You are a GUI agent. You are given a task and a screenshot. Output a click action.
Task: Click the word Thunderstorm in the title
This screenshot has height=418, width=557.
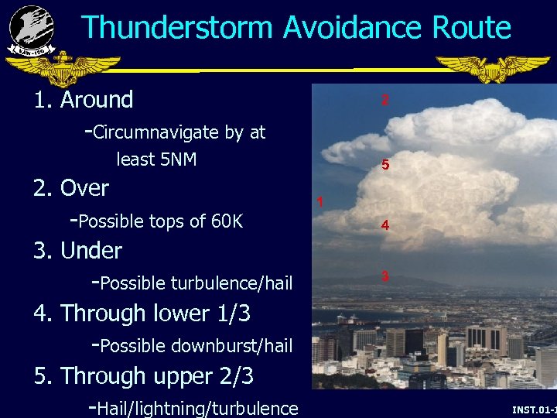pyautogui.click(x=177, y=28)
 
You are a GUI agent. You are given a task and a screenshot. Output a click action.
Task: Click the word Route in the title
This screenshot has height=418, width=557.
pyautogui.click(x=471, y=28)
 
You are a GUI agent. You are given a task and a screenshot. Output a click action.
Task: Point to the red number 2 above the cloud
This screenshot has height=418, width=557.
pyautogui.click(x=384, y=100)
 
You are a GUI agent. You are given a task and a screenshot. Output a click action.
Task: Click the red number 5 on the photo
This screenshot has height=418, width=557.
pyautogui.click(x=384, y=166)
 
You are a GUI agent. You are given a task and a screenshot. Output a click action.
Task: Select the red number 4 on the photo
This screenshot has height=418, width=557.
pyautogui.click(x=384, y=226)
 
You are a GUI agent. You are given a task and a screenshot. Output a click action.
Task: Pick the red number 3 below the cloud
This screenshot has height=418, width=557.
pyautogui.click(x=384, y=276)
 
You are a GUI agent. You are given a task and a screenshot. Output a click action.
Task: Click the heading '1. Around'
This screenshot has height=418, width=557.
pyautogui.click(x=83, y=100)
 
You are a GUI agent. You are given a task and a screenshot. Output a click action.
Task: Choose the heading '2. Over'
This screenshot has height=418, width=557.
pyautogui.click(x=71, y=188)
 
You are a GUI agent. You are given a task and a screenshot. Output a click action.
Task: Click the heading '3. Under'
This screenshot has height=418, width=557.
pyautogui.click(x=77, y=251)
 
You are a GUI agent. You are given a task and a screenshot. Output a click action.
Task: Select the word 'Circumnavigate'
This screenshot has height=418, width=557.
pyautogui.click(x=155, y=132)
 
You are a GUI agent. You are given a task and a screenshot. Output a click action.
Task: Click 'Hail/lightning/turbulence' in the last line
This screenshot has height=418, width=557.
pyautogui.click(x=199, y=408)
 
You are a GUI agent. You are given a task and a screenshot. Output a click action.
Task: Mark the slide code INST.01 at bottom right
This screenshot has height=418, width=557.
pyautogui.click(x=533, y=408)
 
